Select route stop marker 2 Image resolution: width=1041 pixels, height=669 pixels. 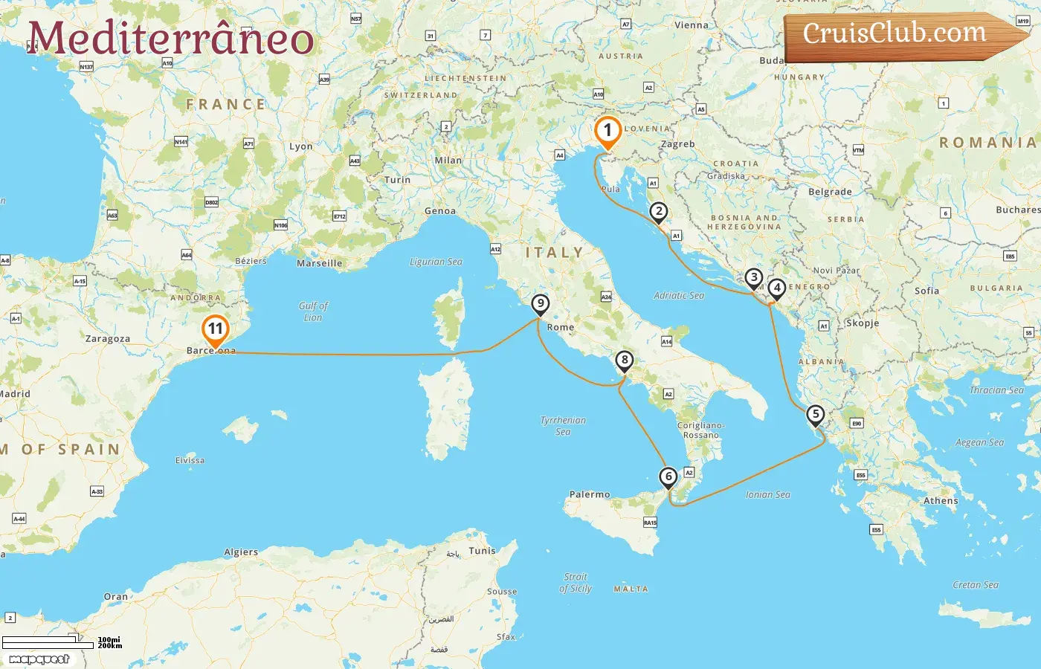point(658,212)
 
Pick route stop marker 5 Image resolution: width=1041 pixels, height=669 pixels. point(816,415)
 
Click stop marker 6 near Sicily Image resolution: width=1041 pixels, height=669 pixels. point(668,477)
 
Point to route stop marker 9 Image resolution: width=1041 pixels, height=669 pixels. point(541,304)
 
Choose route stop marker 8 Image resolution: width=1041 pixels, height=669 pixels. point(625,361)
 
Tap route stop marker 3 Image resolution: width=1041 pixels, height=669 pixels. point(754,279)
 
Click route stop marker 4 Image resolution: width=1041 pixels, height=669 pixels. point(776,288)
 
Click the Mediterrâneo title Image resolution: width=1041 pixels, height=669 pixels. point(170,38)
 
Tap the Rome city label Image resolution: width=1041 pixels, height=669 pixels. point(561,327)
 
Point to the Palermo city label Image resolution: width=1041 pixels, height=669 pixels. point(590,494)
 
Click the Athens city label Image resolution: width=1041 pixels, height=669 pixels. point(941,501)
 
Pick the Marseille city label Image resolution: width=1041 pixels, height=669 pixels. point(320,263)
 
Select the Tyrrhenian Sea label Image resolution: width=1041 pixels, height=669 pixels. point(563,425)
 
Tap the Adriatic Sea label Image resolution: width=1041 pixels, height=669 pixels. point(679,295)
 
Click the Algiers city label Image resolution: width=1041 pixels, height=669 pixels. point(241,552)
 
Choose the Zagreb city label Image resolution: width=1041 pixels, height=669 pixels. point(678,144)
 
